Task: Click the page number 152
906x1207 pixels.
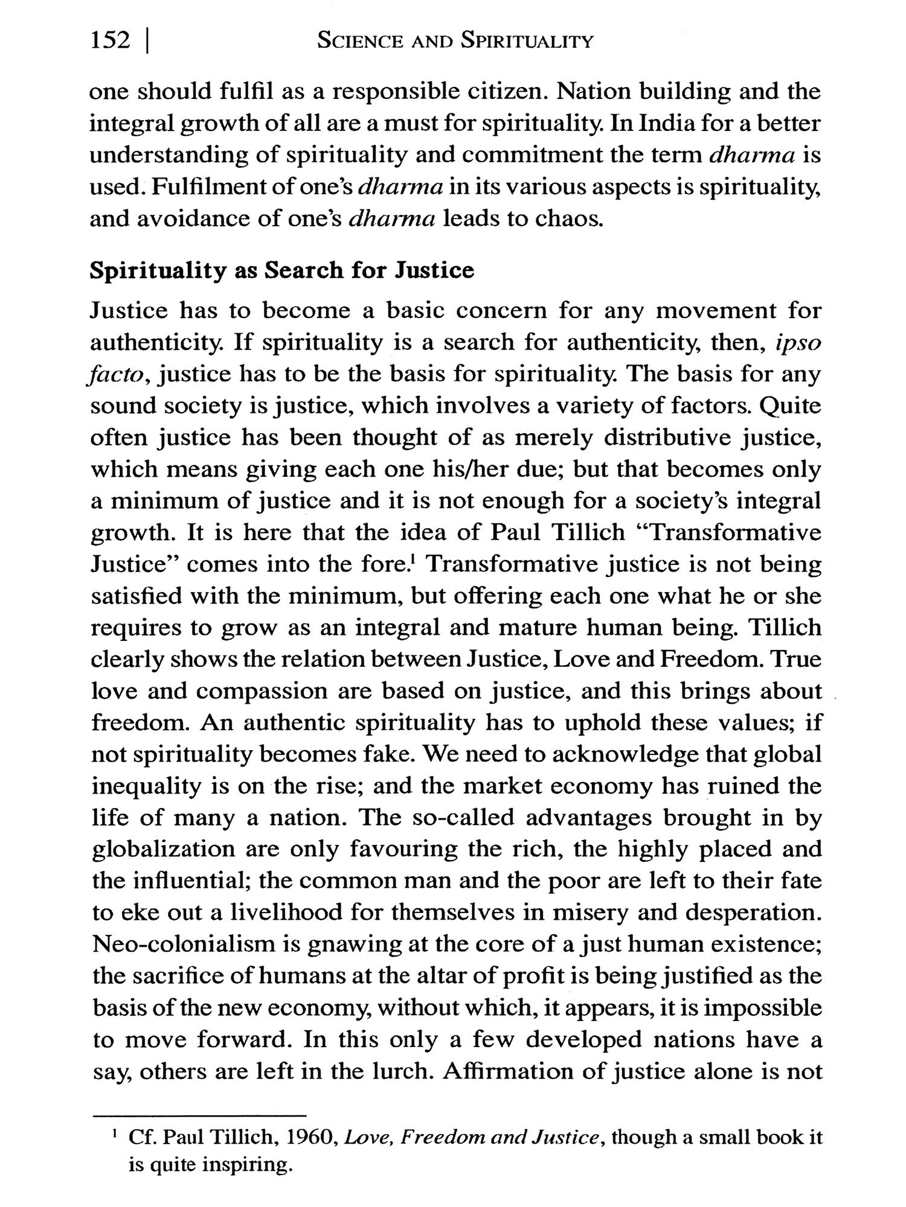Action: (x=109, y=41)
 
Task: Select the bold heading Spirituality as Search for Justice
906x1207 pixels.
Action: (x=281, y=270)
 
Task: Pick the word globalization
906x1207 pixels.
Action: (x=163, y=849)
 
